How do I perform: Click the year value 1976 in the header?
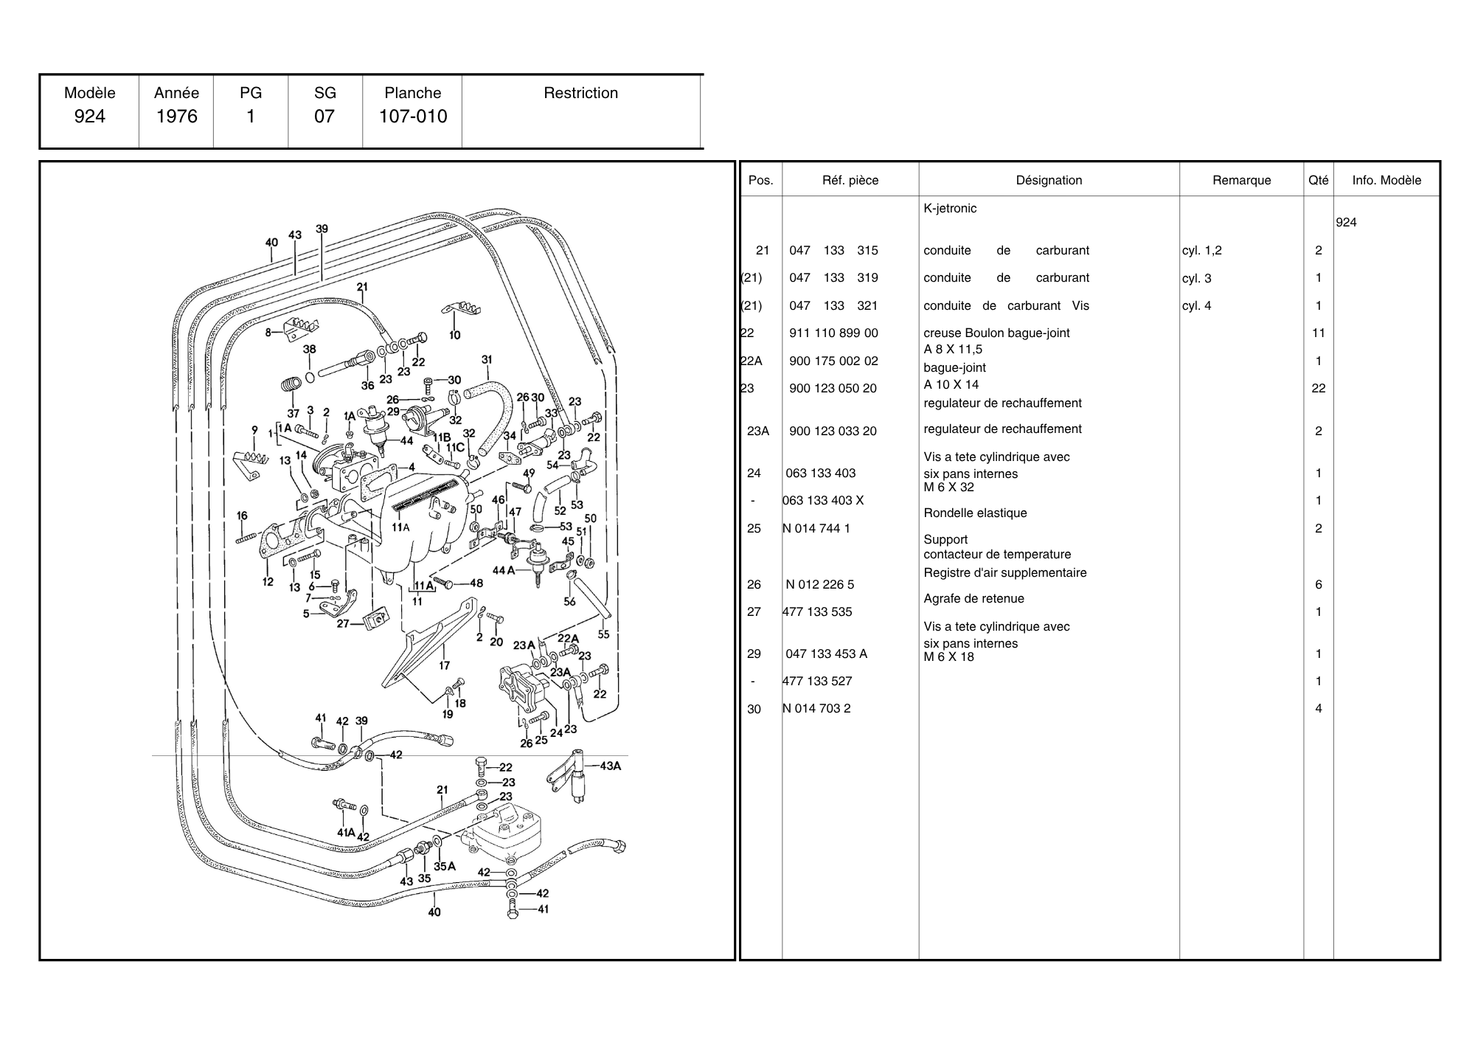[177, 117]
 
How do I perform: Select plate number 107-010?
[413, 117]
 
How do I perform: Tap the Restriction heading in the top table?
[580, 93]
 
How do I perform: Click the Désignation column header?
[1049, 180]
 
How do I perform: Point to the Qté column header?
[1318, 180]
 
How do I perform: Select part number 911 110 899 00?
[833, 333]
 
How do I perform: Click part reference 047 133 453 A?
[826, 654]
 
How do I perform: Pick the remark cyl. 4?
[1196, 306]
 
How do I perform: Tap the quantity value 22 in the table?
[1319, 389]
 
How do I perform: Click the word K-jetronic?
[950, 209]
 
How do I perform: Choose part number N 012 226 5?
[819, 585]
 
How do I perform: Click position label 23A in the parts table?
[758, 432]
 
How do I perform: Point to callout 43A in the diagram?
[610, 766]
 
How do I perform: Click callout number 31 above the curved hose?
[487, 360]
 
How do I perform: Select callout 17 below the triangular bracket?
[444, 665]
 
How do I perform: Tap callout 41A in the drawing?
[346, 833]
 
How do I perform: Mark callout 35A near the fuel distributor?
[445, 867]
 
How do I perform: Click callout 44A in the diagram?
[503, 570]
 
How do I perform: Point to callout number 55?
[603, 634]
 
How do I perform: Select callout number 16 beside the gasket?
[242, 516]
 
